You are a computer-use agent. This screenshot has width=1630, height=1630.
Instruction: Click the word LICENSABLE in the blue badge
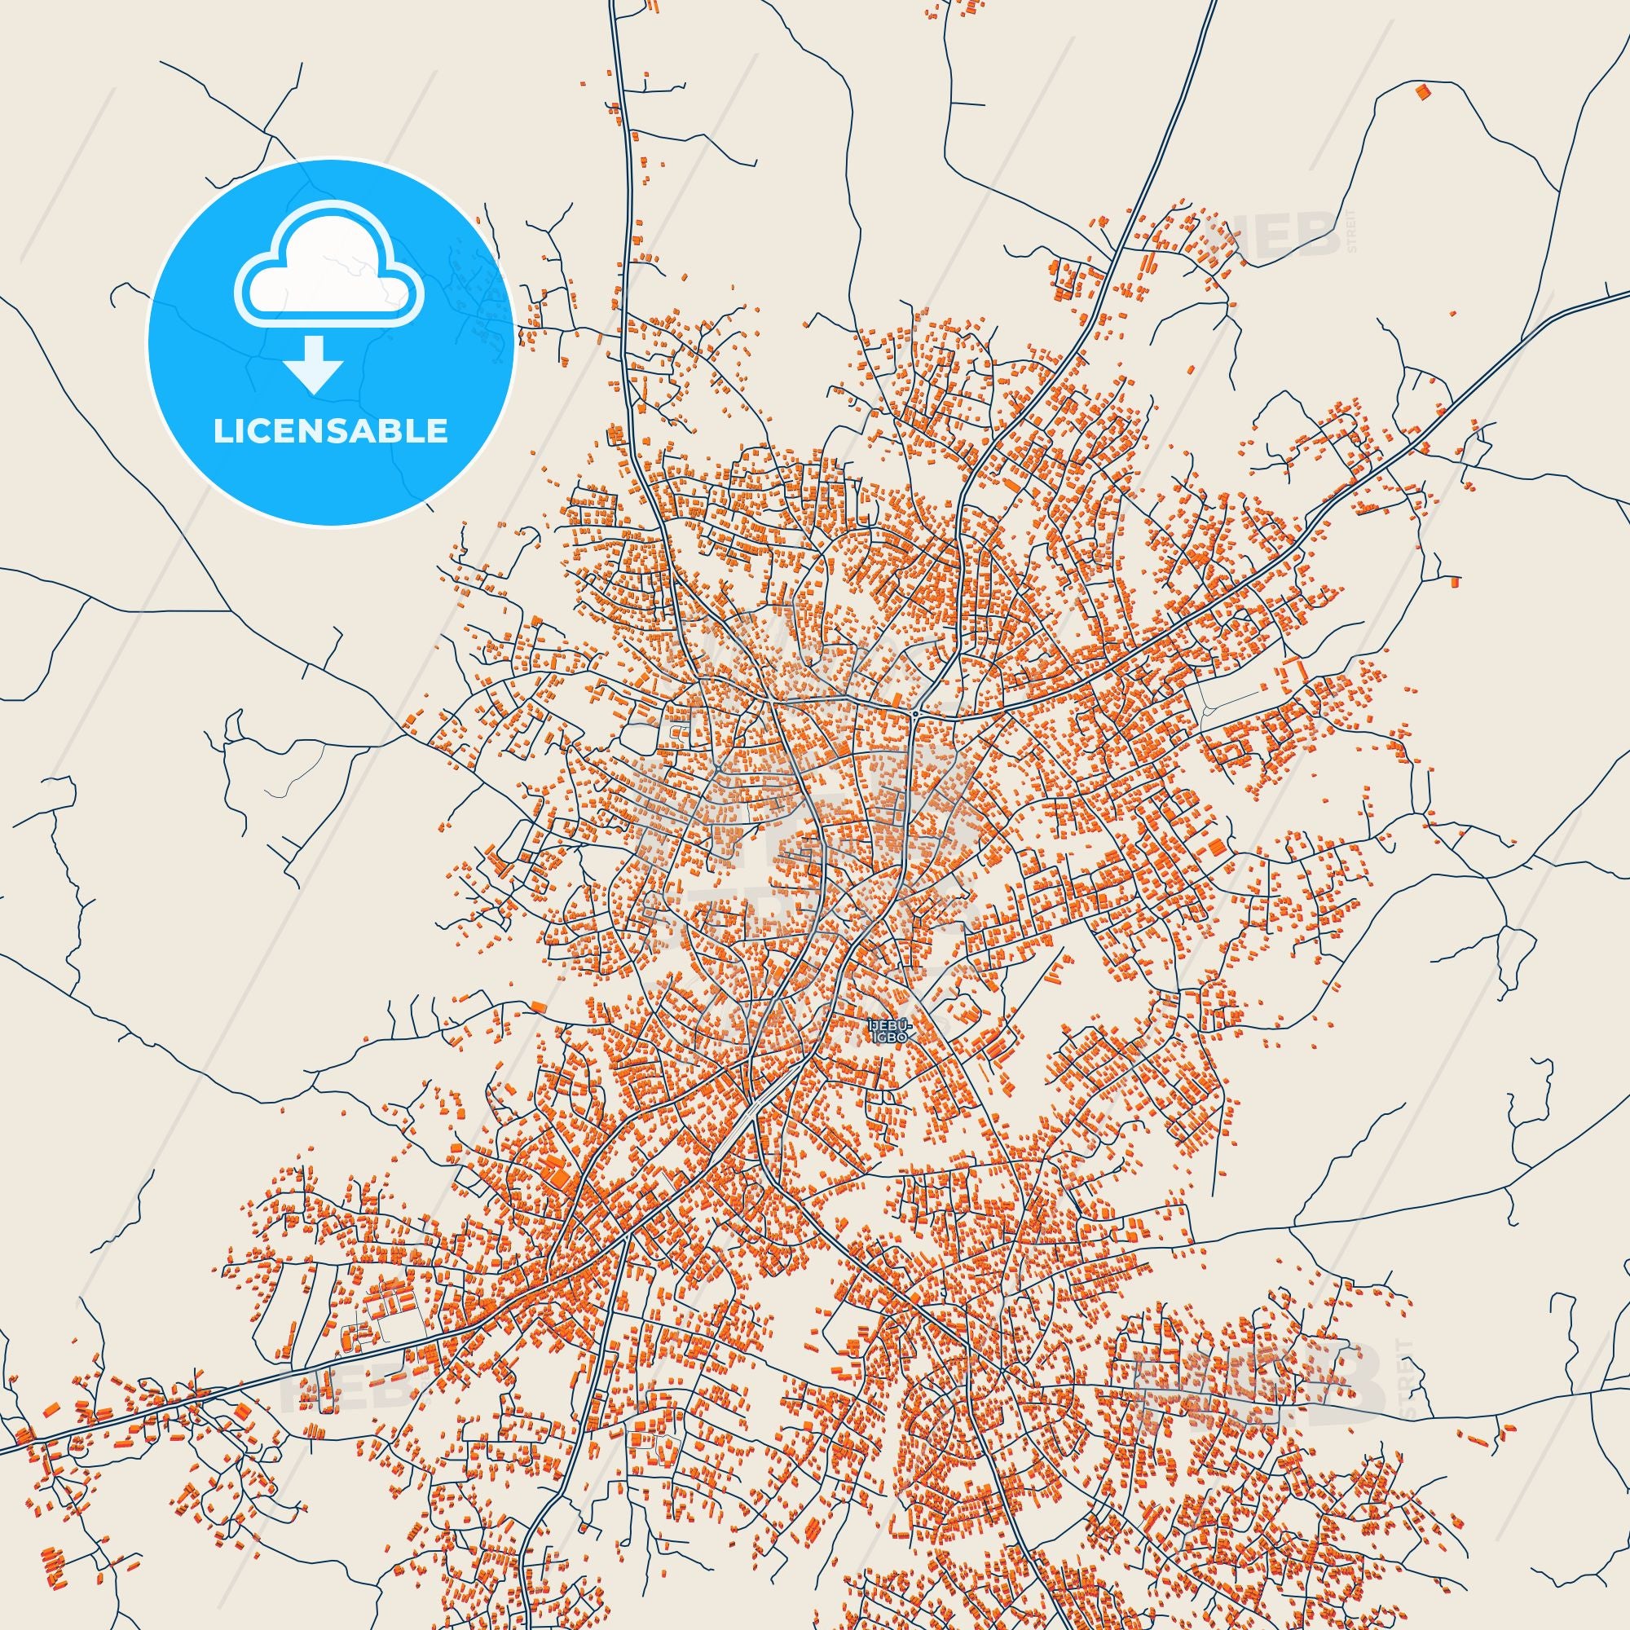[x=331, y=431]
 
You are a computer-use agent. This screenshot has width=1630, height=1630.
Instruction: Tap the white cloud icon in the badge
[x=330, y=279]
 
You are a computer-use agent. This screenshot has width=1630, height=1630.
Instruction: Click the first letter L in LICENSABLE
[x=221, y=431]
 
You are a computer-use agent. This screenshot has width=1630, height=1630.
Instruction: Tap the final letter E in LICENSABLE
[x=439, y=431]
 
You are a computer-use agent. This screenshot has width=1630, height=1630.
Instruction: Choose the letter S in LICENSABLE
[x=342, y=431]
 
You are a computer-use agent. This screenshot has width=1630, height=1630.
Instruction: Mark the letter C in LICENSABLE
[x=261, y=431]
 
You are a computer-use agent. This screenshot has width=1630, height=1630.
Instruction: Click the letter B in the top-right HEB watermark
[x=1317, y=234]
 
